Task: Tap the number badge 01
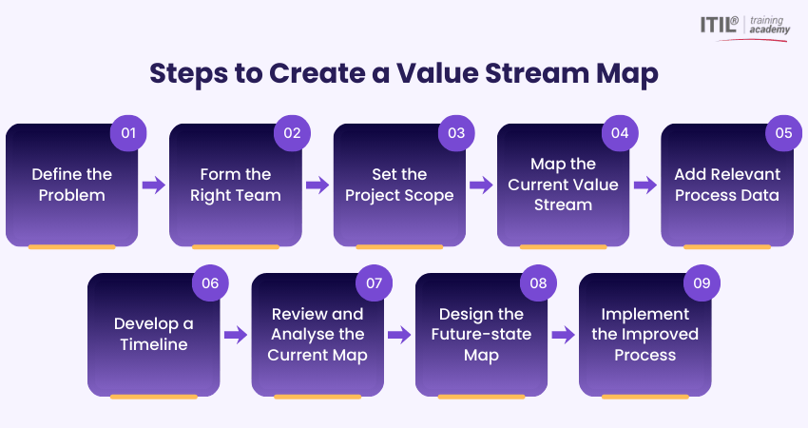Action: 128,133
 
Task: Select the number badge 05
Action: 783,133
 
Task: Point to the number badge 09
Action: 702,283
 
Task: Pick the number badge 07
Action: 374,283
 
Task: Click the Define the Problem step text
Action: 71,185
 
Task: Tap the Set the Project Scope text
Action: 399,185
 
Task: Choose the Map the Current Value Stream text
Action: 563,185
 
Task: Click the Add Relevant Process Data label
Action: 727,185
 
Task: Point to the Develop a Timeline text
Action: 153,334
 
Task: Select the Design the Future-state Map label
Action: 481,334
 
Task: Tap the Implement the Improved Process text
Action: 644,334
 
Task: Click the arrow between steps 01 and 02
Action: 153,185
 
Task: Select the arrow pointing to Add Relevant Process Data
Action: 644,185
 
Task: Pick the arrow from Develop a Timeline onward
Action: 235,335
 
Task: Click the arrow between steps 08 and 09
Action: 563,335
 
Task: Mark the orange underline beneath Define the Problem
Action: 71,247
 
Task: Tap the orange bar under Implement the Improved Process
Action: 644,397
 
